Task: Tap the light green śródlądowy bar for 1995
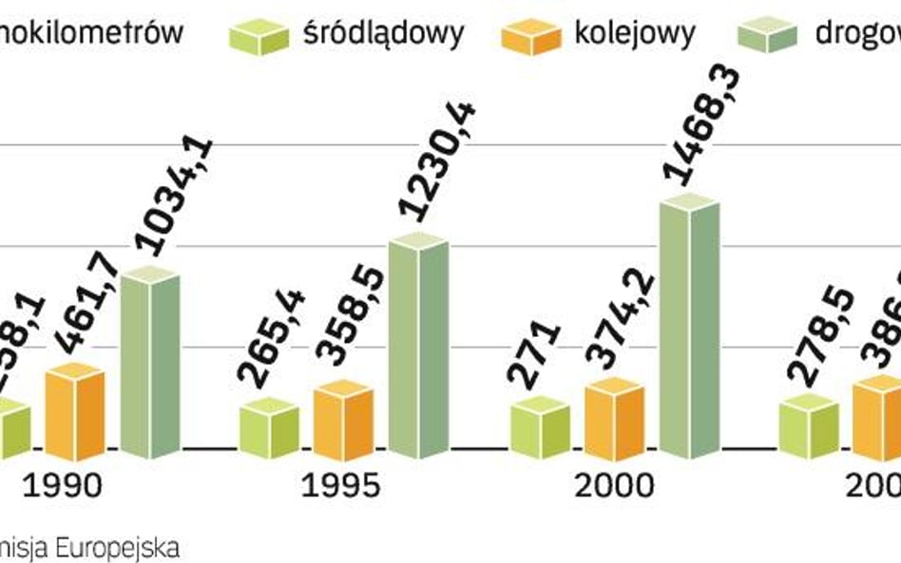click(x=269, y=428)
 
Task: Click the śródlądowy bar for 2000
click(x=540, y=428)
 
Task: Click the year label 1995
click(x=340, y=485)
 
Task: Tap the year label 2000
click(x=615, y=485)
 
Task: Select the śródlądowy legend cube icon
click(x=259, y=36)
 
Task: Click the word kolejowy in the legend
click(x=634, y=34)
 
